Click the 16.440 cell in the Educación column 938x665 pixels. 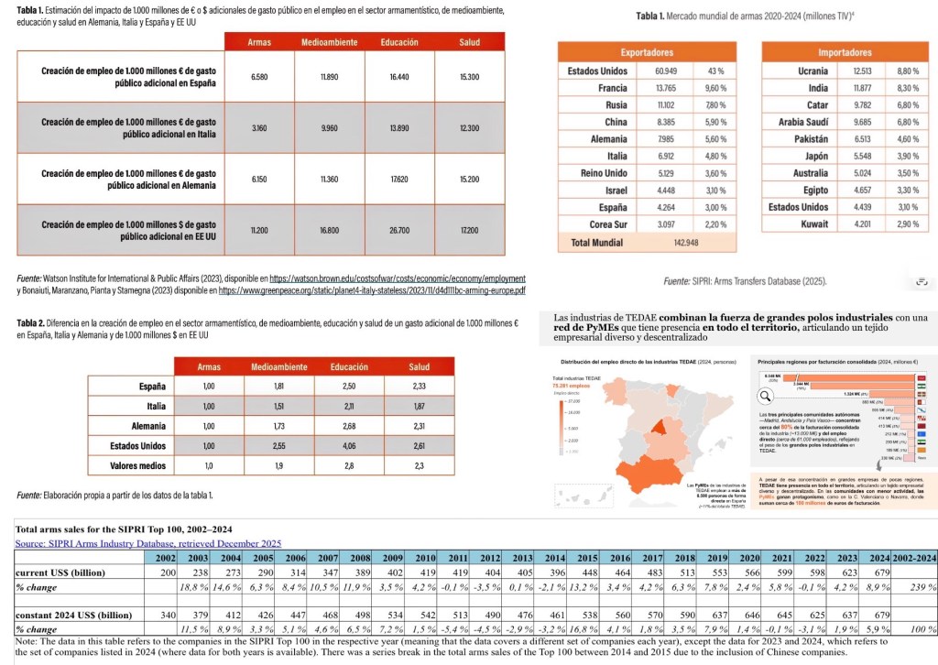pyautogui.click(x=398, y=77)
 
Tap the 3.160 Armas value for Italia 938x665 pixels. pyautogui.click(x=258, y=127)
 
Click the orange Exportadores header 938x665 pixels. pyautogui.click(x=647, y=52)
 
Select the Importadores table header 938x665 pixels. pyautogui.click(x=845, y=52)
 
